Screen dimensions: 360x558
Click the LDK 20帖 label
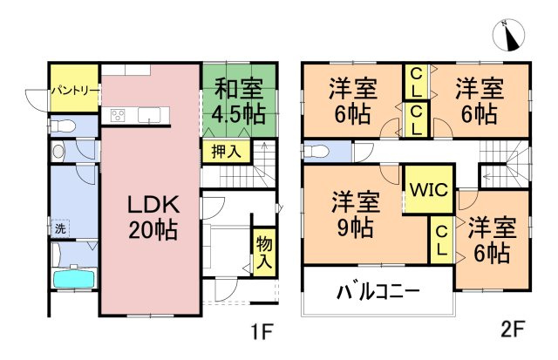coord(153,218)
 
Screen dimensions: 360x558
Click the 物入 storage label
coord(262,252)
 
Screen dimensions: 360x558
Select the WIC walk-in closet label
coord(428,187)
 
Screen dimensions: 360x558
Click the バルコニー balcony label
coord(378,291)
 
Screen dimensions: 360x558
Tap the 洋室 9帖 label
coord(356,215)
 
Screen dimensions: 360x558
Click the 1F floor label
coord(262,333)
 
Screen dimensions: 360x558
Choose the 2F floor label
coord(513,332)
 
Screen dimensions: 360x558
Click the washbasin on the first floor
coord(58,151)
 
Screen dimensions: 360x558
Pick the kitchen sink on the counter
coord(149,116)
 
